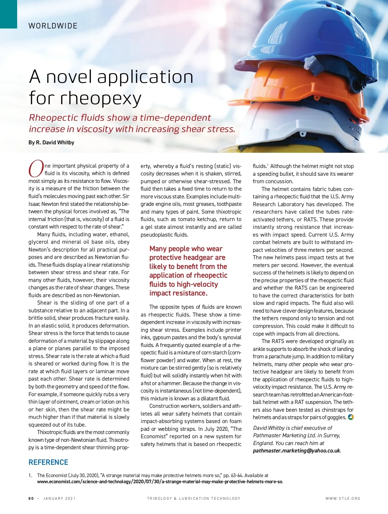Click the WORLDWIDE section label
pyautogui.click(x=53, y=26)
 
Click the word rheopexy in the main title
pyautogui.click(x=101, y=98)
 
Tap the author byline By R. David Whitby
pyautogui.click(x=51, y=142)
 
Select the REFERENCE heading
pyautogui.click(x=48, y=462)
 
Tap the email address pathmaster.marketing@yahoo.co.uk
pyautogui.click(x=296, y=451)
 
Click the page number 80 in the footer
pyautogui.click(x=31, y=498)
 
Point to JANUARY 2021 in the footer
pyautogui.click(x=59, y=498)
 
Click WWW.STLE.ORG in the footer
pyautogui.click(x=343, y=498)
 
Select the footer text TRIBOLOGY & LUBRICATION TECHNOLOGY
pyautogui.click(x=194, y=498)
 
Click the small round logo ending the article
pyautogui.click(x=350, y=417)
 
